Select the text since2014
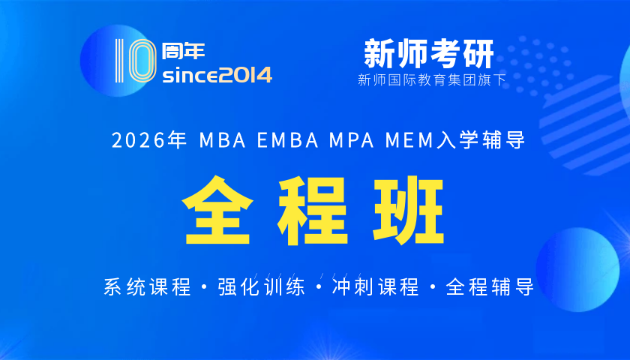[x=217, y=74]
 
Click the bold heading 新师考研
[x=428, y=53]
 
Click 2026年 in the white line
[x=148, y=140]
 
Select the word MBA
[x=222, y=140]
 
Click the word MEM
[x=409, y=140]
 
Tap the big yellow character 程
[x=314, y=209]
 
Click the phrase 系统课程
[x=148, y=287]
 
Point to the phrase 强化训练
[x=261, y=287]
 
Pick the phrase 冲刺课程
[x=375, y=287]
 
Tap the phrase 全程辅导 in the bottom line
[x=489, y=287]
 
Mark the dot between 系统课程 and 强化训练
[x=205, y=288]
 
